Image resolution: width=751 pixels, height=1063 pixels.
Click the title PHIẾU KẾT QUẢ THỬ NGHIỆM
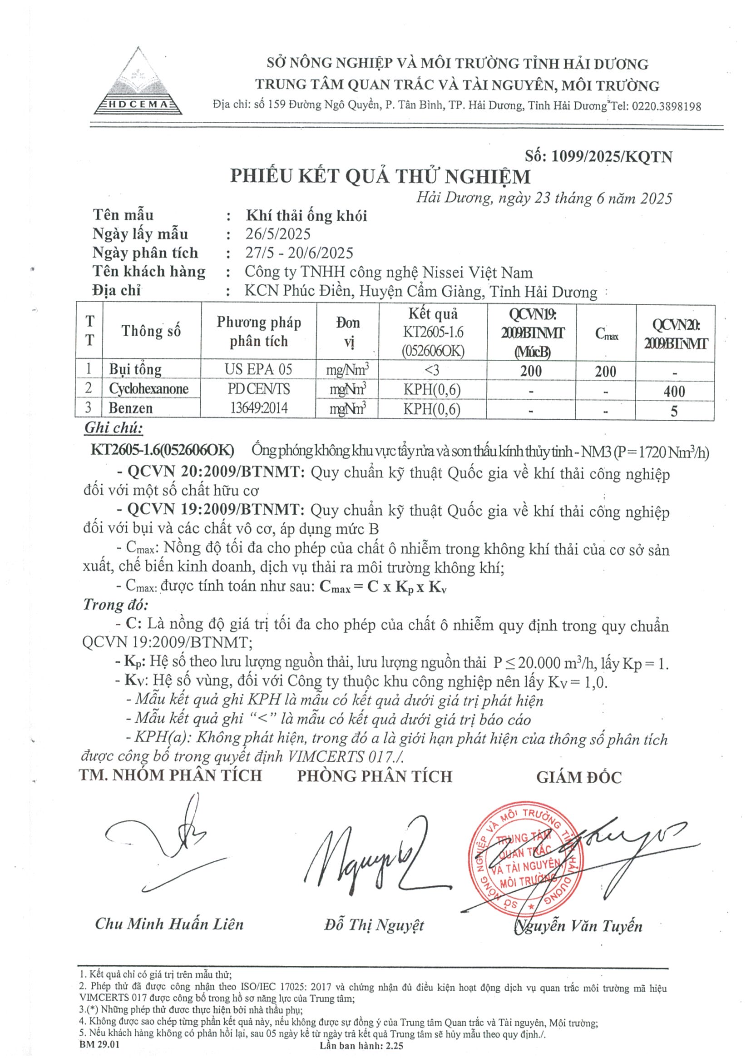380,176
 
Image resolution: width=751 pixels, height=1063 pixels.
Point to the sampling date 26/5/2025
277,234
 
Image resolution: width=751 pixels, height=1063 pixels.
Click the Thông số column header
151,331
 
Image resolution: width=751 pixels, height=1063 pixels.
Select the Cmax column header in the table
606,333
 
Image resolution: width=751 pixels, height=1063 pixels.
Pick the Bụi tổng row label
135,369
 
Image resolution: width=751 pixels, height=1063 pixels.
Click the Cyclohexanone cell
148,388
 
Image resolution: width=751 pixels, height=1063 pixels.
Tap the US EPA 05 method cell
259,369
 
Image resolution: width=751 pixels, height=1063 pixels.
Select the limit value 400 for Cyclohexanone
674,391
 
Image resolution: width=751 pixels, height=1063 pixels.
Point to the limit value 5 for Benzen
674,411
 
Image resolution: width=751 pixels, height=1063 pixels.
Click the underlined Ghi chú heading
114,428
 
